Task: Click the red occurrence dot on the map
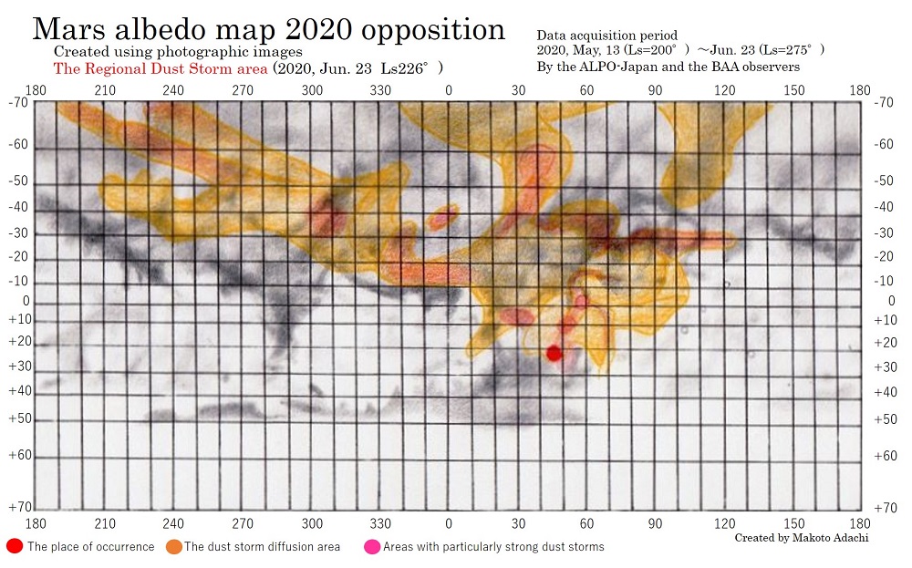point(554,354)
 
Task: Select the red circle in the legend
point(15,546)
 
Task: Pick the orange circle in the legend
point(173,546)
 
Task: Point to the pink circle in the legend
point(372,546)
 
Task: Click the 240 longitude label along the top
point(173,90)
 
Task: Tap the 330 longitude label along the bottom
point(380,523)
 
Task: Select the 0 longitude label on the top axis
point(448,90)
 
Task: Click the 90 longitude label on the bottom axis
point(656,523)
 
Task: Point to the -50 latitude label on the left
point(19,181)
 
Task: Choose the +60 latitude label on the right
point(885,455)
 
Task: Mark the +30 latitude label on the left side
point(19,366)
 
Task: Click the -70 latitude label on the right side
point(883,103)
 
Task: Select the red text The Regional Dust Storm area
point(160,68)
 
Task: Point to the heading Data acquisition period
point(606,35)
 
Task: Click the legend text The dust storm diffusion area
point(262,547)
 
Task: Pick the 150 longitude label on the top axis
point(794,90)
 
